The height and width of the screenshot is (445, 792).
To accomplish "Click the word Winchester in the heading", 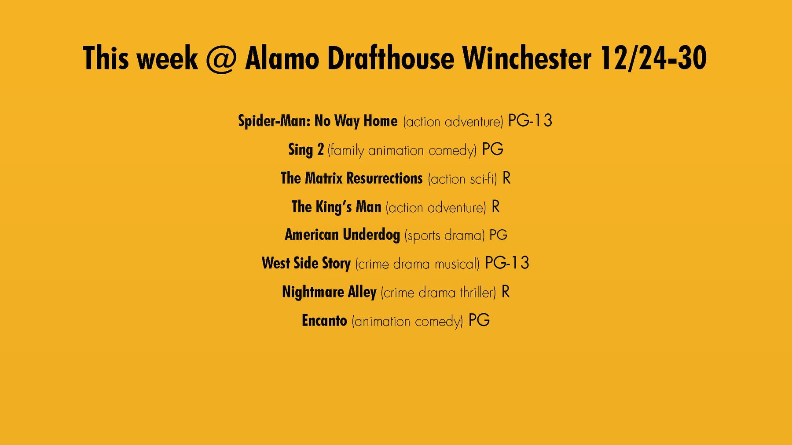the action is pyautogui.click(x=527, y=58).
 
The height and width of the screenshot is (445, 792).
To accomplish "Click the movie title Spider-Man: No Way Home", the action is pyautogui.click(x=318, y=121).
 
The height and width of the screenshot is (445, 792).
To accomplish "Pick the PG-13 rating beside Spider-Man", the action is pyautogui.click(x=530, y=120).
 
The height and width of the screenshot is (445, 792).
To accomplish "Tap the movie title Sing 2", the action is pyautogui.click(x=306, y=150).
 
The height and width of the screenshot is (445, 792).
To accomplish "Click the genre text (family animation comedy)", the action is pyautogui.click(x=402, y=150).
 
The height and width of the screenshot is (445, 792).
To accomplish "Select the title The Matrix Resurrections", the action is pyautogui.click(x=352, y=178).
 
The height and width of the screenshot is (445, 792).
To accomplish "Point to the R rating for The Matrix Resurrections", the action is pyautogui.click(x=506, y=178).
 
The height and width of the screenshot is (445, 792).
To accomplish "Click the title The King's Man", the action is pyautogui.click(x=336, y=207).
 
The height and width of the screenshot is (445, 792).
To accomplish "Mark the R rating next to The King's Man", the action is pyautogui.click(x=495, y=206).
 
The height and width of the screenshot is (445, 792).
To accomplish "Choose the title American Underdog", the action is pyautogui.click(x=342, y=235).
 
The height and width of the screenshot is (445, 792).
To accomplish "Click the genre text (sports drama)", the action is pyautogui.click(x=444, y=235).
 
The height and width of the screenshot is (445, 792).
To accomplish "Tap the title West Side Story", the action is pyautogui.click(x=306, y=264).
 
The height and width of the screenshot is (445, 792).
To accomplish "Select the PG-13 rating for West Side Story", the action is pyautogui.click(x=507, y=263).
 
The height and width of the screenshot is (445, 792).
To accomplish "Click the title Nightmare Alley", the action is pyautogui.click(x=329, y=292).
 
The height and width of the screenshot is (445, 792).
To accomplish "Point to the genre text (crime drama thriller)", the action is pyautogui.click(x=438, y=293).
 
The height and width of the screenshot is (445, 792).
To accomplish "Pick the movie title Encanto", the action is pyautogui.click(x=324, y=321).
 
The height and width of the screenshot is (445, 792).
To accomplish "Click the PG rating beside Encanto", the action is pyautogui.click(x=479, y=320).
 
